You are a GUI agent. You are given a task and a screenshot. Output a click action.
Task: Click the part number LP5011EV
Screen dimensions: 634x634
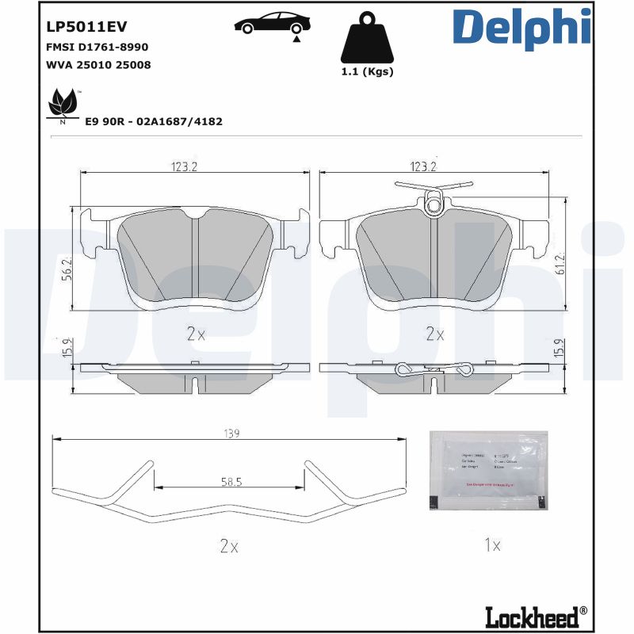point(77,26)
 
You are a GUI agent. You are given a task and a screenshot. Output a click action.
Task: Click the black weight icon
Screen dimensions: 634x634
point(366,39)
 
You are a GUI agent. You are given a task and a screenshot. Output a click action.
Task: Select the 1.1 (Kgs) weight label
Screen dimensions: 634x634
point(366,71)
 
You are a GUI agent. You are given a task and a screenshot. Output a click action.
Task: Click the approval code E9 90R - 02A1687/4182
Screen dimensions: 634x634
point(153,121)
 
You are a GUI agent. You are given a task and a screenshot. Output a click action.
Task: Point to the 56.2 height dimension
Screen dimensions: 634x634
point(68,269)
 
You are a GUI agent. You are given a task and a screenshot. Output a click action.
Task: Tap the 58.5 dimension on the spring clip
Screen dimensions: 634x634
point(230,481)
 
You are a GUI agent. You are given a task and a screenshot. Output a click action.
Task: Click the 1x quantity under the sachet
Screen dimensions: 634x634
point(491,545)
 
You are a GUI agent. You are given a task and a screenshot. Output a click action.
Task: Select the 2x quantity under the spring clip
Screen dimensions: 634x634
point(228,545)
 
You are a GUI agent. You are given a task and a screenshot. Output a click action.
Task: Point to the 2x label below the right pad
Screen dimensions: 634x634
point(433,334)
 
